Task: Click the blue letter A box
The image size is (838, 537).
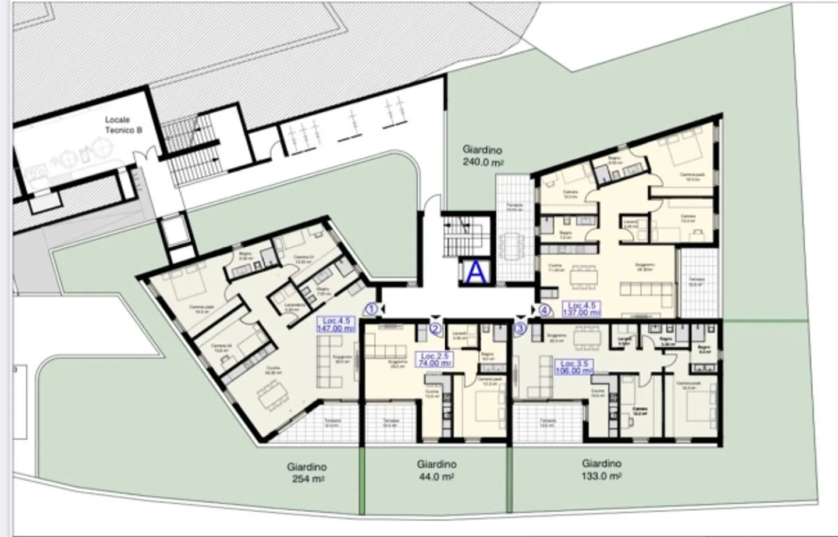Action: (476, 272)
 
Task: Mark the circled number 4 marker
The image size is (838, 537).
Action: (544, 310)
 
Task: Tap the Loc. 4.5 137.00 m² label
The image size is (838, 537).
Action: (583, 309)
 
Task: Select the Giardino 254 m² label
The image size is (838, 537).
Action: (307, 472)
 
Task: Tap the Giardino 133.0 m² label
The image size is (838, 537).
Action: (602, 469)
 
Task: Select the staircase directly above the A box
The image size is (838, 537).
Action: (459, 236)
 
